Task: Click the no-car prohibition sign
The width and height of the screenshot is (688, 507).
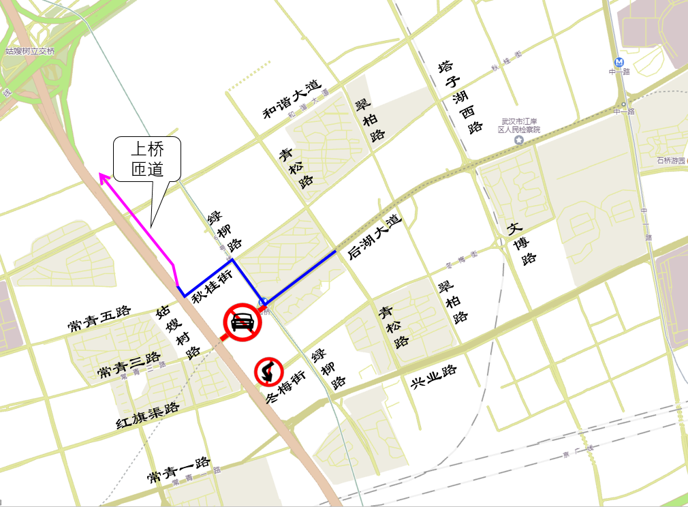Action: [243, 322]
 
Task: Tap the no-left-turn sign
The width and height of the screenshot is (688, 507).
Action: [269, 372]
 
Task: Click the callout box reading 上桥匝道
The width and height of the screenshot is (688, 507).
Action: [147, 159]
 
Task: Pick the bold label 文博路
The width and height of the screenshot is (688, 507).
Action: [520, 242]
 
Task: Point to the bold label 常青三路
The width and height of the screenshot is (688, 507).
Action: [129, 365]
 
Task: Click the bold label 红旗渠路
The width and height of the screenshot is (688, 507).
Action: [147, 415]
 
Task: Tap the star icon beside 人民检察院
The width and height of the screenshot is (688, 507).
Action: [519, 140]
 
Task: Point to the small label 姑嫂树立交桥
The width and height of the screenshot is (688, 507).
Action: [29, 51]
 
